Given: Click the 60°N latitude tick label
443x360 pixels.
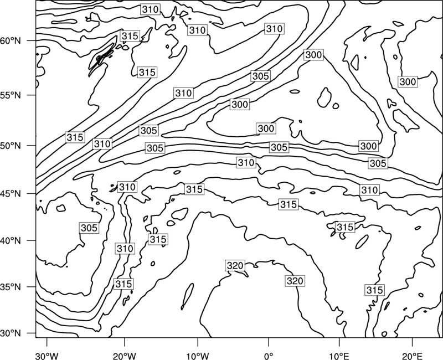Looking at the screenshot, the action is point(11,41).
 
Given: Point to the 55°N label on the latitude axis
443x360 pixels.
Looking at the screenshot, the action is point(11,95).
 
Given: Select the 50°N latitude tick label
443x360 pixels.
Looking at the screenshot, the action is point(11,146).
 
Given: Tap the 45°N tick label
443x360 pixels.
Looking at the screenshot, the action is point(11,194).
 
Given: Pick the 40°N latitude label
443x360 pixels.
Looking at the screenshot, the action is point(11,241).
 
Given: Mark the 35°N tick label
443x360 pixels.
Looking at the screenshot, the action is point(11,287).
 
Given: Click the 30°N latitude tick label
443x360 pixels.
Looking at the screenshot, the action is point(11,333).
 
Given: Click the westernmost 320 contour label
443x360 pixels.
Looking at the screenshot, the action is point(235,266).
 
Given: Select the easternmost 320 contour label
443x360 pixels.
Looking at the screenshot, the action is point(295,281).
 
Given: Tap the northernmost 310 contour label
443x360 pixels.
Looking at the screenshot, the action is point(150,9).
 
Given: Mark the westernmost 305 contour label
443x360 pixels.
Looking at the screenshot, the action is point(89,228).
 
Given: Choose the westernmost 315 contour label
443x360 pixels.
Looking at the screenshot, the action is point(75,137).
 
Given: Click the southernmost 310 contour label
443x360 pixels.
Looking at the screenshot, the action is point(125,249).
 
